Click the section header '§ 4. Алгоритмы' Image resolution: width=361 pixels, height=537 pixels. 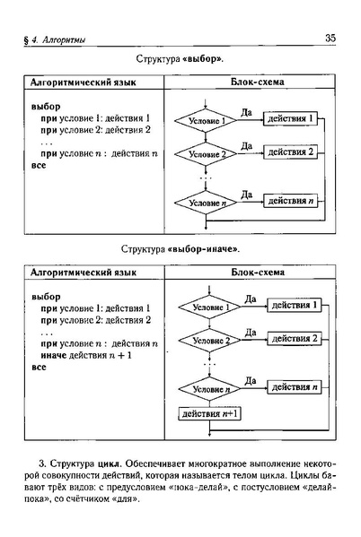point(61,37)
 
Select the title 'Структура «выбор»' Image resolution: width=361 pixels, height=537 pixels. point(180,58)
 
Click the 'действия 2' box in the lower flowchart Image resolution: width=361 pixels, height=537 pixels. point(295,338)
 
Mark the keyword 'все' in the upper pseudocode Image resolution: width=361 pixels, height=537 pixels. point(39,167)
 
